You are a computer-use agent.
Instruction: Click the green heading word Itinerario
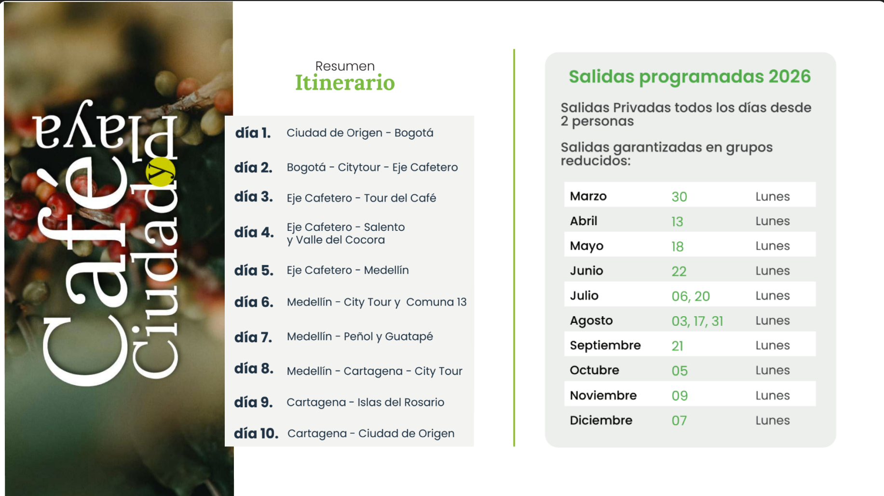pyautogui.click(x=345, y=82)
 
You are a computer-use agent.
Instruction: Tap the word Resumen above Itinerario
pyautogui.click(x=345, y=66)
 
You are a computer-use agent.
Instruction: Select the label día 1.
pyautogui.click(x=253, y=133)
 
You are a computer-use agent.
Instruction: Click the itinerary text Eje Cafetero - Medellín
pyautogui.click(x=348, y=270)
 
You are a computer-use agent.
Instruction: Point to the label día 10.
pyautogui.click(x=256, y=433)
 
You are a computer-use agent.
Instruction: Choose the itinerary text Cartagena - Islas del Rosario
pyautogui.click(x=366, y=402)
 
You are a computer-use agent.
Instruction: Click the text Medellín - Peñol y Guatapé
pyautogui.click(x=360, y=336)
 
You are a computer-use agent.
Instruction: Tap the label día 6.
pyautogui.click(x=254, y=302)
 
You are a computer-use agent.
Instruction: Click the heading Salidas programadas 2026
pyautogui.click(x=690, y=77)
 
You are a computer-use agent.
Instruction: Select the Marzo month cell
pyautogui.click(x=588, y=196)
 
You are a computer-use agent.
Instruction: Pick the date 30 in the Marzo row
pyautogui.click(x=679, y=197)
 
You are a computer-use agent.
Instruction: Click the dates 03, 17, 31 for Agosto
pyautogui.click(x=697, y=321)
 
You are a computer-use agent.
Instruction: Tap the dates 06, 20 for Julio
pyautogui.click(x=691, y=296)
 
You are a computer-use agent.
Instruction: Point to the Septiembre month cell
pyautogui.click(x=605, y=346)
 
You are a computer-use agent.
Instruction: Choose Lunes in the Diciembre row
pyautogui.click(x=773, y=420)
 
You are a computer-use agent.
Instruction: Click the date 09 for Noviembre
pyautogui.click(x=680, y=396)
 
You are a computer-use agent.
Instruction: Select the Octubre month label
pyautogui.click(x=594, y=370)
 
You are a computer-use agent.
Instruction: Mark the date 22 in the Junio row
pyautogui.click(x=679, y=271)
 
